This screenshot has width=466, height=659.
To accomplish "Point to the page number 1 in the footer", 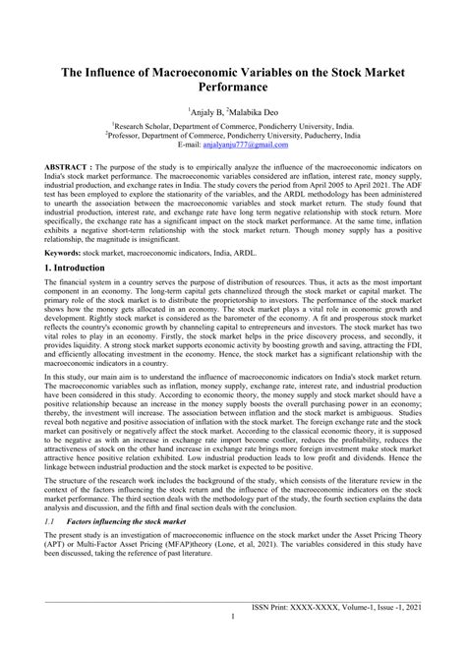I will [232, 645].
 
